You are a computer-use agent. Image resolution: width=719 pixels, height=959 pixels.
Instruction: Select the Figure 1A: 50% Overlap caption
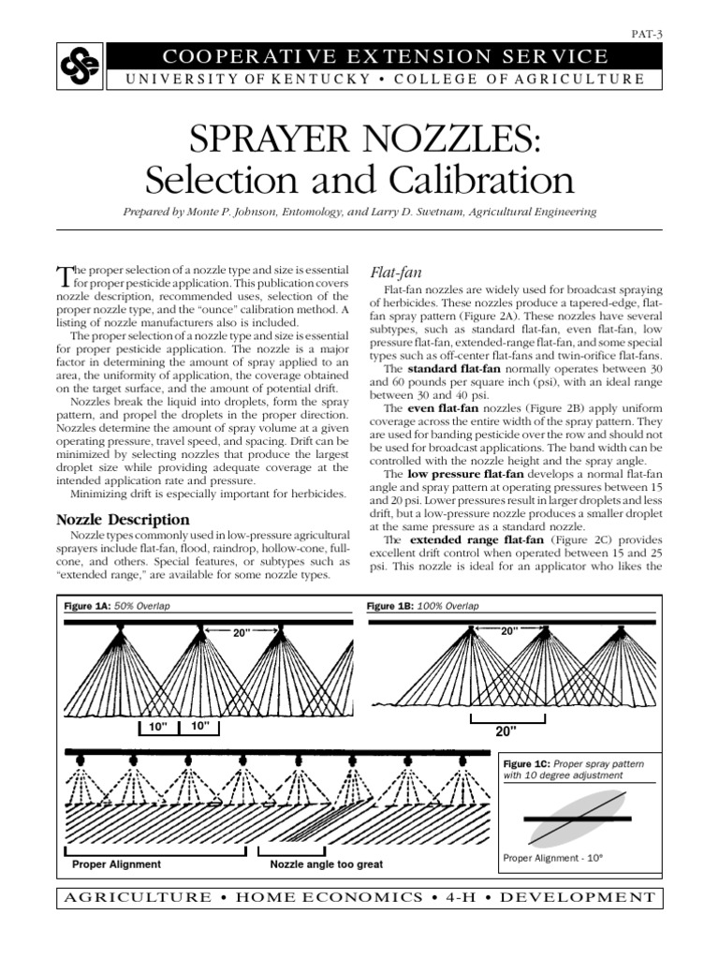click(x=117, y=607)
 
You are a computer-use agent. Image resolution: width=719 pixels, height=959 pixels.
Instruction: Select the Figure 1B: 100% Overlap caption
click(x=423, y=607)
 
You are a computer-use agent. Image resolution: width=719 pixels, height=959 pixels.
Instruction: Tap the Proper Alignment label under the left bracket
click(x=116, y=864)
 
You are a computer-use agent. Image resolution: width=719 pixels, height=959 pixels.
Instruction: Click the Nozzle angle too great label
click(x=327, y=864)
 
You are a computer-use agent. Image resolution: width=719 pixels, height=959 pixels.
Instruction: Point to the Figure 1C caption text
click(x=574, y=770)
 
